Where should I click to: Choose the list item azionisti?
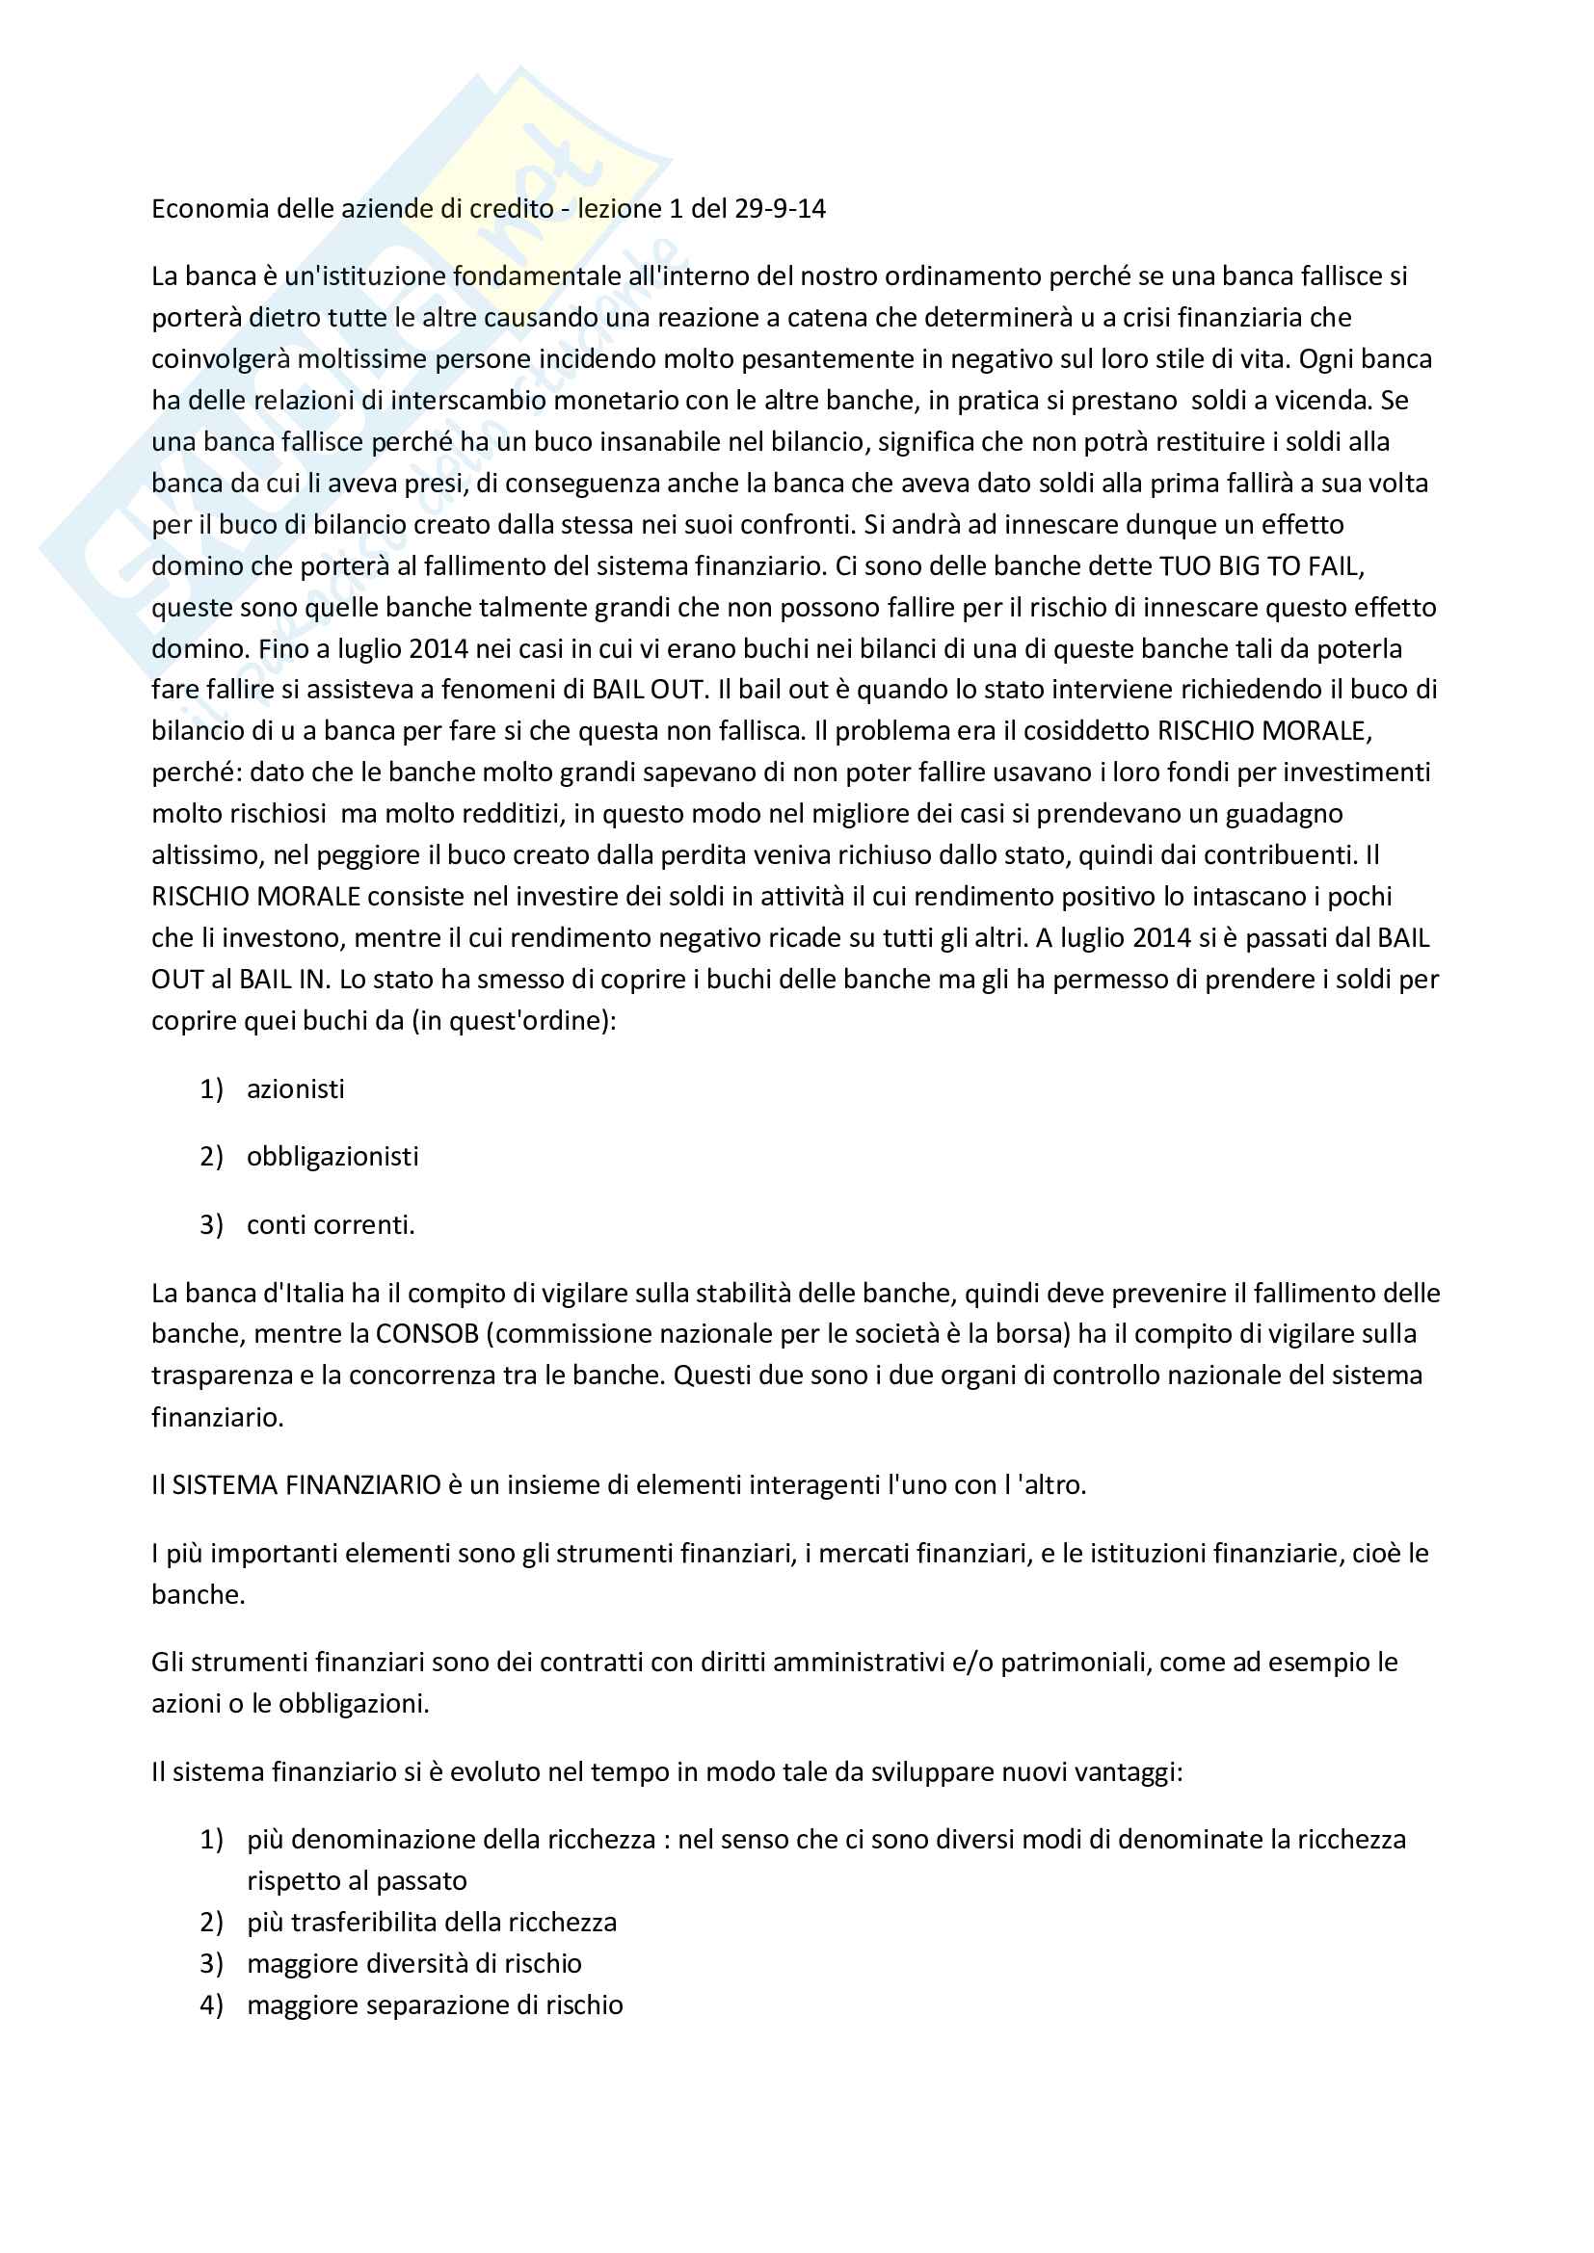click(296, 1089)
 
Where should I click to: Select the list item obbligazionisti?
click(332, 1157)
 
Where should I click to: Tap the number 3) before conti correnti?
click(211, 1225)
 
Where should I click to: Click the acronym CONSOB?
click(427, 1334)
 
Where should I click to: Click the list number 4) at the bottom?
click(211, 2004)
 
